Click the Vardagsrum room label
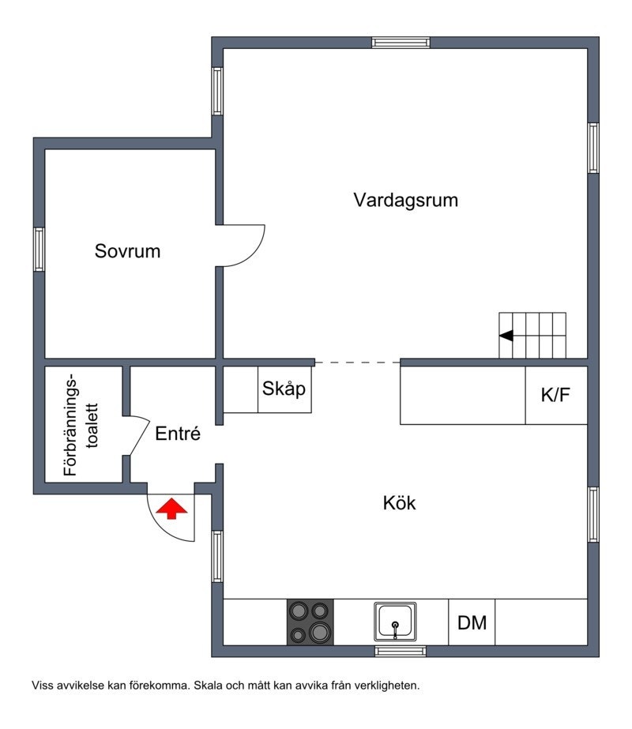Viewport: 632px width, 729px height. tap(405, 200)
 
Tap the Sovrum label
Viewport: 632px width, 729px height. tap(127, 252)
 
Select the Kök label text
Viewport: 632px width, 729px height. tap(399, 502)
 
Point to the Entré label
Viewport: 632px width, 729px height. tap(178, 434)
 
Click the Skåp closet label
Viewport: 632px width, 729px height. tap(284, 389)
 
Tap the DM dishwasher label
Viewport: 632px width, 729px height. tap(472, 622)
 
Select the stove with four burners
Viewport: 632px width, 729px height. tap(310, 622)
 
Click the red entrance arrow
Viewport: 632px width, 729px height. tap(171, 509)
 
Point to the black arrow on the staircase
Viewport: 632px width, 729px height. tap(506, 335)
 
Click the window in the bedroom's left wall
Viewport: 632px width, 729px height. tap(39, 250)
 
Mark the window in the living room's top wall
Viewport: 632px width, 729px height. tap(401, 42)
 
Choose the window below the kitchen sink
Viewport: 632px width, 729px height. tap(400, 651)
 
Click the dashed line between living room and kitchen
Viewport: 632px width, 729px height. tap(357, 363)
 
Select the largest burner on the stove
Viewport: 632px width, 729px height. tap(320, 631)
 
